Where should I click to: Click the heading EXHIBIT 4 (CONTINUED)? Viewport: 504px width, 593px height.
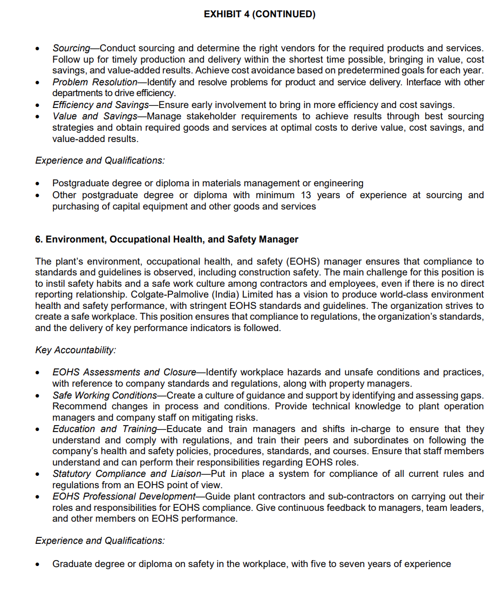click(x=259, y=15)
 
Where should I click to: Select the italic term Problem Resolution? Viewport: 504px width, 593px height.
click(x=94, y=82)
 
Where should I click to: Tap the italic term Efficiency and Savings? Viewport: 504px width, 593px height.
click(x=101, y=105)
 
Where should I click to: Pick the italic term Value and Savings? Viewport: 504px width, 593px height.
click(x=94, y=116)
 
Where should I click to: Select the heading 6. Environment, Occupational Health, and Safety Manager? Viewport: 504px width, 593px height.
click(x=167, y=239)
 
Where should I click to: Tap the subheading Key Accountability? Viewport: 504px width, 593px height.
click(x=76, y=350)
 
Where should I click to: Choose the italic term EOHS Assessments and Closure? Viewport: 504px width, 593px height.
click(x=124, y=372)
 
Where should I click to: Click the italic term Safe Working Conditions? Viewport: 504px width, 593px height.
click(x=104, y=395)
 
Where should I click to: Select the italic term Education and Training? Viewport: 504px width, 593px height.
click(x=104, y=429)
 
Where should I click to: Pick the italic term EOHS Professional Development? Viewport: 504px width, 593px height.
click(x=123, y=496)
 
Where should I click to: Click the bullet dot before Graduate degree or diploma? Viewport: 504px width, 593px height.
click(x=37, y=564)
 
